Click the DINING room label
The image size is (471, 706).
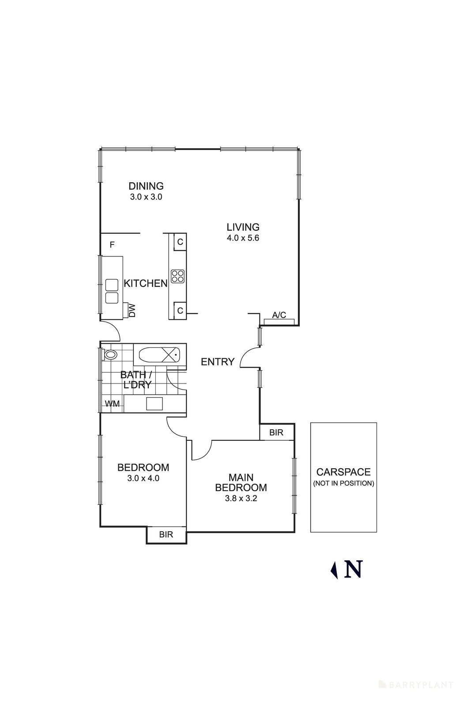146,186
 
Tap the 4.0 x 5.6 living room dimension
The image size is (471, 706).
243,238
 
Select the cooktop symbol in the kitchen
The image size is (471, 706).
177,276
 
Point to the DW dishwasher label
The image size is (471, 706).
132,311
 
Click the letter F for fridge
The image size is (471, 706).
112,244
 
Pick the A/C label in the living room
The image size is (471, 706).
279,315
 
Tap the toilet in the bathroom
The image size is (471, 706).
109,354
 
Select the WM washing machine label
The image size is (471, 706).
112,404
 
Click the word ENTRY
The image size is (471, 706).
217,362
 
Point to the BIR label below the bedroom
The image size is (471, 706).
166,534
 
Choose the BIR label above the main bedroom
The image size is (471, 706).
276,432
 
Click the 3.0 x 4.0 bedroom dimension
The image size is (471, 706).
143,478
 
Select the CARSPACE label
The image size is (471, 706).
343,472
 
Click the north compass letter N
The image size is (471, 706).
353,569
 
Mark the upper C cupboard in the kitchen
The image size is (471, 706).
180,242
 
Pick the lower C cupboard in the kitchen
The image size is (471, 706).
180,311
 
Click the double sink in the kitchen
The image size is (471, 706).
112,291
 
